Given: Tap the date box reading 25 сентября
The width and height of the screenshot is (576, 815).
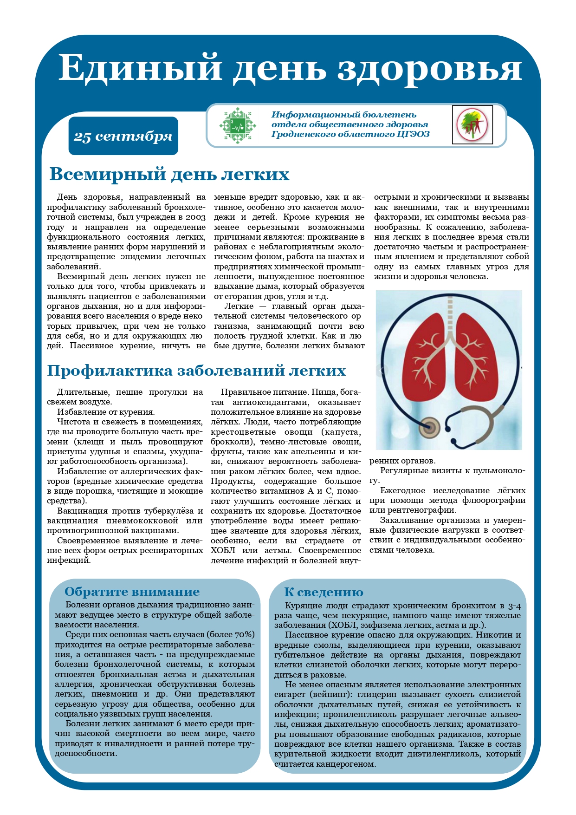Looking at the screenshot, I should [x=123, y=136].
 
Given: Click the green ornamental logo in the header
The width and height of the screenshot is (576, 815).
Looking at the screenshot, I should [x=238, y=125].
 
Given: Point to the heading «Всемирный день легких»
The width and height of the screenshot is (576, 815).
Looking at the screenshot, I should [x=169, y=175].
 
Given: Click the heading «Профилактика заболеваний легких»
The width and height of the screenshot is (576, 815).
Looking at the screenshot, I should [x=196, y=371].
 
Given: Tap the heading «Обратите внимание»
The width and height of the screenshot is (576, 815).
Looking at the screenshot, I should [x=132, y=592].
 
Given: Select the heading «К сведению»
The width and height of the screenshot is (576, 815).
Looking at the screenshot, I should [x=324, y=592].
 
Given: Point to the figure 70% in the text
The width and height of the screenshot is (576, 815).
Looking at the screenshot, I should [x=245, y=635].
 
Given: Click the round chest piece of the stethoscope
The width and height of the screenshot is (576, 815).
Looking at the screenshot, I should [x=430, y=425].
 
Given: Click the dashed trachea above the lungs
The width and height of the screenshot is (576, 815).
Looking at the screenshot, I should [x=449, y=316].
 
